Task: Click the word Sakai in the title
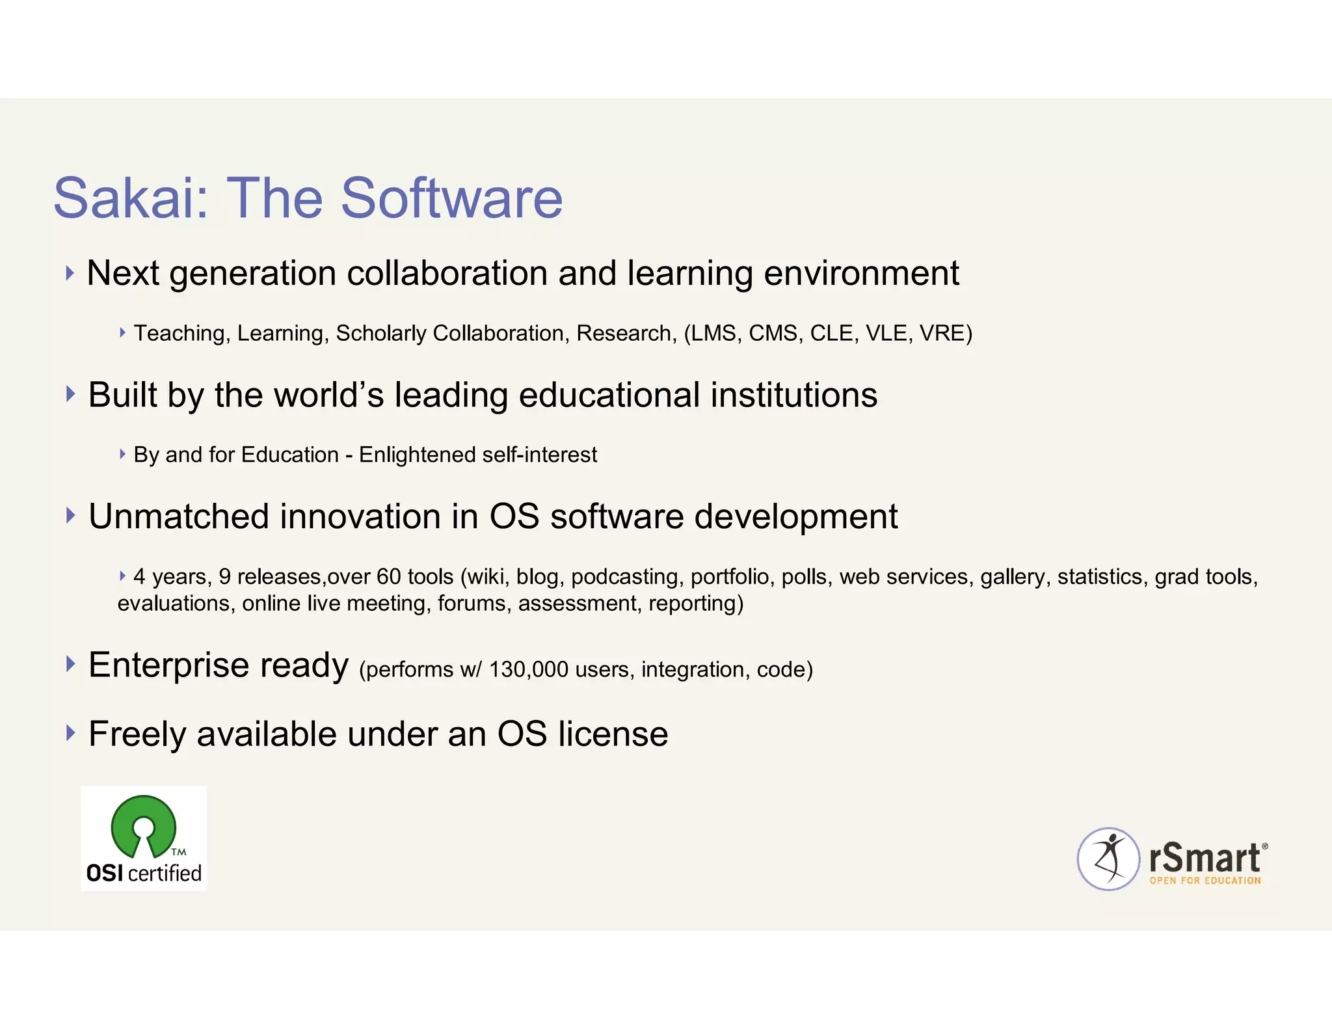pyautogui.click(x=131, y=198)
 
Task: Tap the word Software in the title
pyautogui.click(x=451, y=198)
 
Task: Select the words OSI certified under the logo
pyautogui.click(x=144, y=873)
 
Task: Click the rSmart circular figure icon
pyautogui.click(x=1108, y=859)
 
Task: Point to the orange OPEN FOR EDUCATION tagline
pyautogui.click(x=1205, y=881)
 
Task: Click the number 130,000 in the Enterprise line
pyautogui.click(x=528, y=669)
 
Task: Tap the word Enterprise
pyautogui.click(x=168, y=665)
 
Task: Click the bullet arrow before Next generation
pyautogui.click(x=70, y=273)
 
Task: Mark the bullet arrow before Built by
pyautogui.click(x=70, y=394)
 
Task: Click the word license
pyautogui.click(x=613, y=734)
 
